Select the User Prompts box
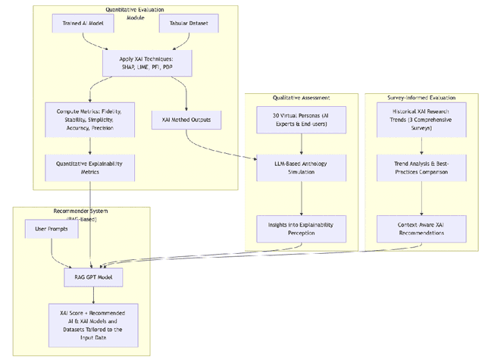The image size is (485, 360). point(46,228)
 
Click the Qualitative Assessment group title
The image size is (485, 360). point(302,98)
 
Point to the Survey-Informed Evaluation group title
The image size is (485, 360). point(421,98)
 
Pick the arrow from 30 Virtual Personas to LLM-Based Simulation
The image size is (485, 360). point(302,146)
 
